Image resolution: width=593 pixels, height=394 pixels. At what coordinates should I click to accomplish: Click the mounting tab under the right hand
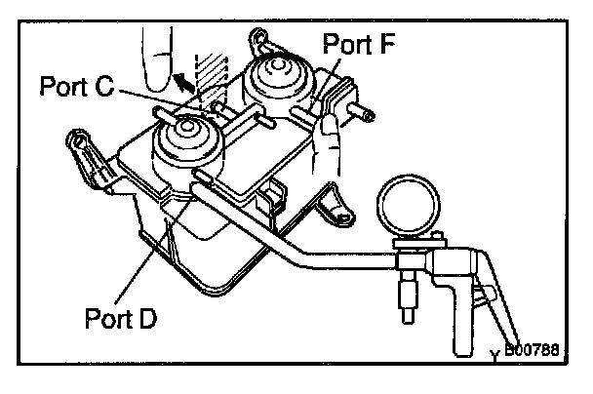(332, 206)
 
